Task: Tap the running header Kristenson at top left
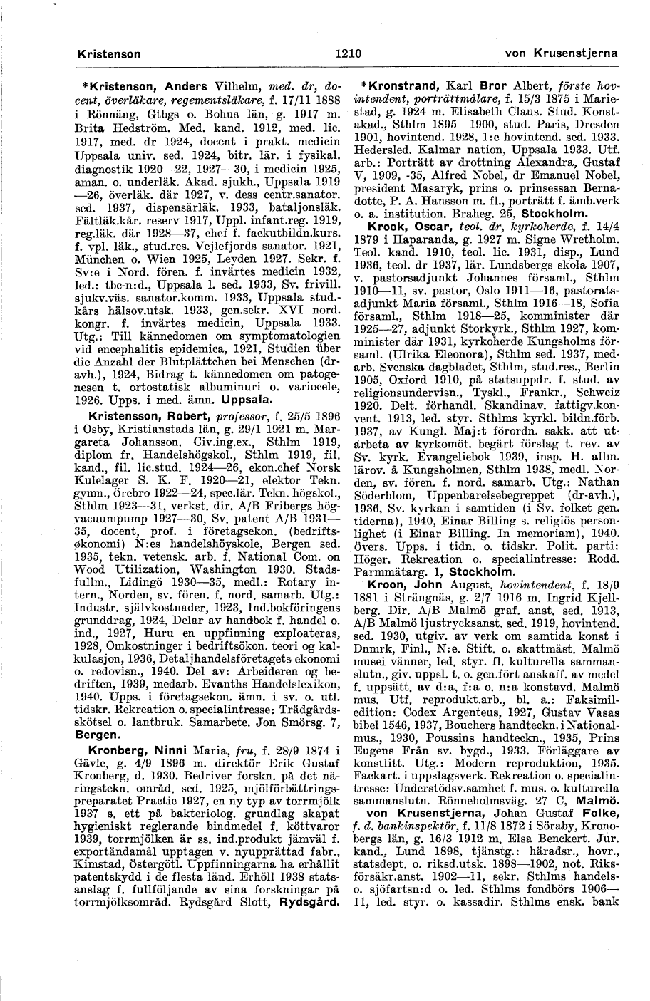pos(109,54)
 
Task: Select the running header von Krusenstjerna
pos(561,54)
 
